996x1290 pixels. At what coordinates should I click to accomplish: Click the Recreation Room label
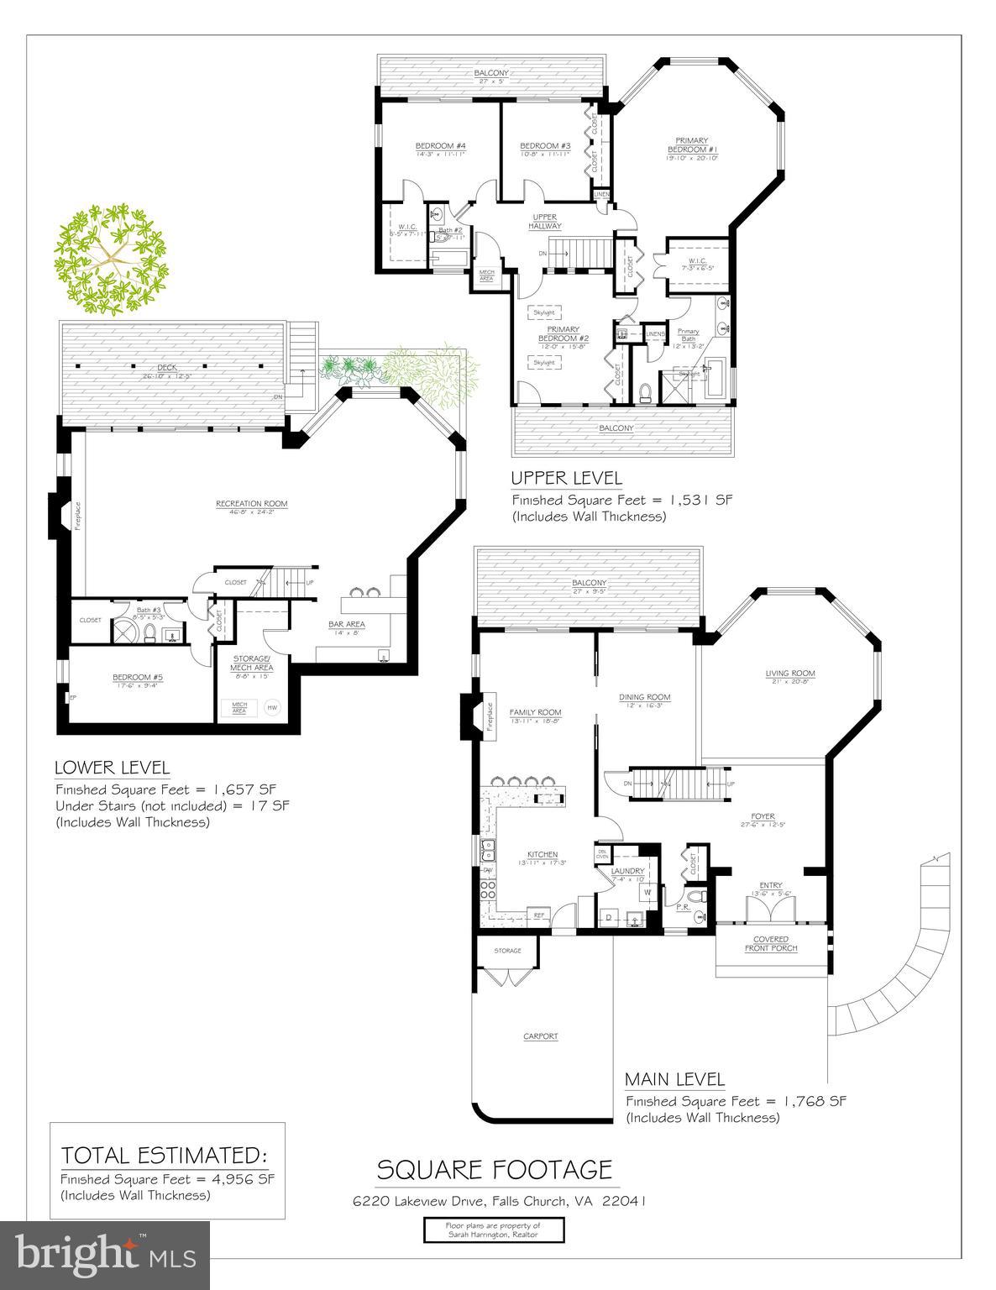(251, 504)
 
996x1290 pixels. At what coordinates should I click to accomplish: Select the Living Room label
(789, 674)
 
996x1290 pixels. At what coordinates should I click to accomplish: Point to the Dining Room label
(644, 696)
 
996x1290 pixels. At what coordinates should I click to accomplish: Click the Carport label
(541, 1036)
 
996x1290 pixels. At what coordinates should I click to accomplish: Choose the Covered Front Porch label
(770, 943)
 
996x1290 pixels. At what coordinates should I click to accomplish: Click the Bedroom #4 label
(440, 145)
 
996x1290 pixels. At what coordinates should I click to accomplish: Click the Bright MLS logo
(105, 1255)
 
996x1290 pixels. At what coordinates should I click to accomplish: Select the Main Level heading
(674, 1079)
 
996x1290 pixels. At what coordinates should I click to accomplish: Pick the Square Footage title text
(494, 1169)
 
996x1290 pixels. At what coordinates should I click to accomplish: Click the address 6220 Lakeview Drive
(499, 1201)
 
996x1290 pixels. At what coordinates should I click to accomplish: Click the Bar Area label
(346, 624)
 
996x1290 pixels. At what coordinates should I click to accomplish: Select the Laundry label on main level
(626, 871)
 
